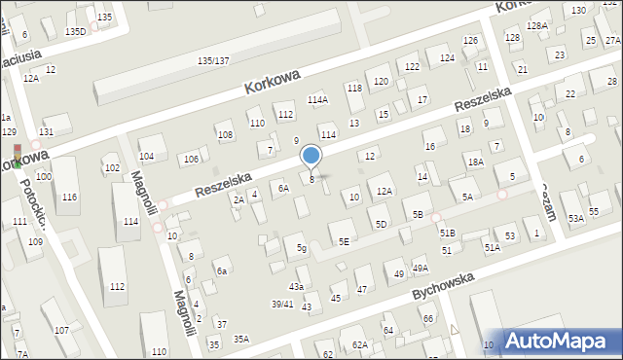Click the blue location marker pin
311,156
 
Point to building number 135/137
213,60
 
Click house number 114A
318,99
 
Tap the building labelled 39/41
281,304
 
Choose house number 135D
75,31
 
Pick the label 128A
536,25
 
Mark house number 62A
359,344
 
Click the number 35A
240,339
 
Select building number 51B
447,234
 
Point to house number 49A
420,268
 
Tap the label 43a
296,286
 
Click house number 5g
302,248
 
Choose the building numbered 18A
475,162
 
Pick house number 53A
576,219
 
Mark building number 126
471,40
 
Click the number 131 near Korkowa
46,131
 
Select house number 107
61,330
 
